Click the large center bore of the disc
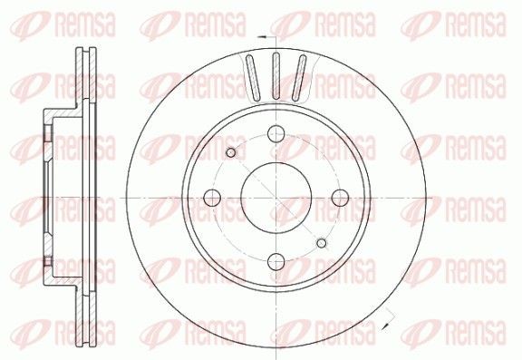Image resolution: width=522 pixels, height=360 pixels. tap(276, 198)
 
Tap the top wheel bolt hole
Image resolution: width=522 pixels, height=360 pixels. tap(276, 133)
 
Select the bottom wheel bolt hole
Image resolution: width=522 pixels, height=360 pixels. tap(276, 261)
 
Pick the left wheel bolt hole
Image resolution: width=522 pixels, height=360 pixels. tap(212, 198)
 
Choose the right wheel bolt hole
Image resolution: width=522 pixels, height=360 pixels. tap(340, 199)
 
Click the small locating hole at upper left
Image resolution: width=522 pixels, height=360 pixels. tap(231, 153)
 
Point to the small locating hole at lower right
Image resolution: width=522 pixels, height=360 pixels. tap(322, 243)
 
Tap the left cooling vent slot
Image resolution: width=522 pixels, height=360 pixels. tap(253, 78)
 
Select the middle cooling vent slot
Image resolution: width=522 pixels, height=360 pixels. tap(276, 76)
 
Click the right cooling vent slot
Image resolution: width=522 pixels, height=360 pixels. tap(299, 78)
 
